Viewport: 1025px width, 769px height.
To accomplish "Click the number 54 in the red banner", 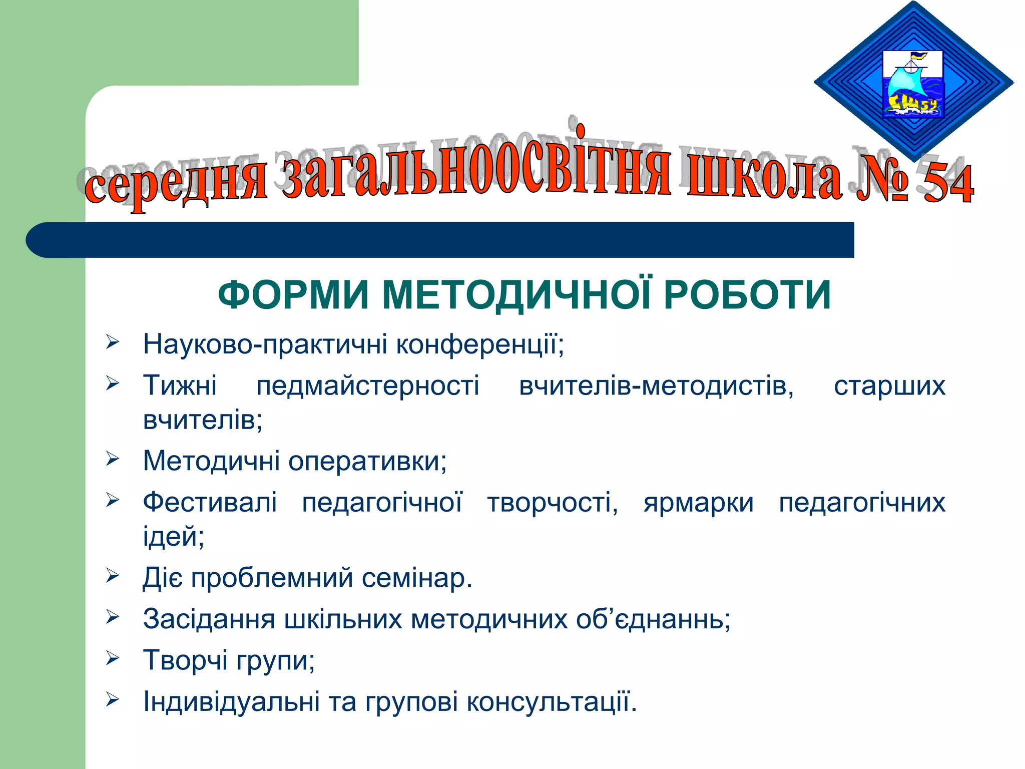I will coord(947,184).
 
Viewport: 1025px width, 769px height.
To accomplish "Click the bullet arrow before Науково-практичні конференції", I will coord(112,343).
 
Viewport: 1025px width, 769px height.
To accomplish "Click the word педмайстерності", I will coord(368,386).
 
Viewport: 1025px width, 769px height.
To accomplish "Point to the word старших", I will coord(889,386).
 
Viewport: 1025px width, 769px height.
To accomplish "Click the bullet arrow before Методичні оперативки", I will coord(112,459).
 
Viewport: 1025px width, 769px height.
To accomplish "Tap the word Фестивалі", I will coord(210,502).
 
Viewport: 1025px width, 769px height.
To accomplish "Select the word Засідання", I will coord(209,619).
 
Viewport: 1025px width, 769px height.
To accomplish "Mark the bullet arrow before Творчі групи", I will coord(112,659).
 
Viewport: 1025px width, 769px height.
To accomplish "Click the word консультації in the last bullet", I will coord(552,701).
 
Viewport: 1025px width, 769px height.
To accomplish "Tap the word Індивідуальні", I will coord(231,701).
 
